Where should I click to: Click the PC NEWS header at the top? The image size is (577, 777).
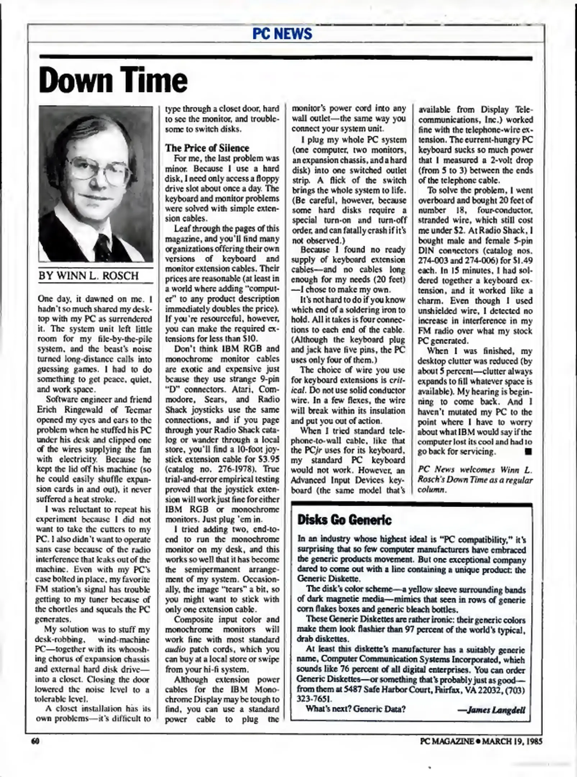(282, 33)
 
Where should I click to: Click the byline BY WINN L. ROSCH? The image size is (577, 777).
(89, 276)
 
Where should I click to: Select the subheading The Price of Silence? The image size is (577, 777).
(207, 148)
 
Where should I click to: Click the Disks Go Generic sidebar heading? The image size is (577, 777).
(344, 520)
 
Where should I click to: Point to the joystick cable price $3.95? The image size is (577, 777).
(268, 459)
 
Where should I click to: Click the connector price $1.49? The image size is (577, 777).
(523, 260)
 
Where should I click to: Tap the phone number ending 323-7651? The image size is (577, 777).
(314, 699)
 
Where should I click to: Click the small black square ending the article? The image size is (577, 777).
(528, 451)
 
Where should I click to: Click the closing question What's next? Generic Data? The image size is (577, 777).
(356, 709)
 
